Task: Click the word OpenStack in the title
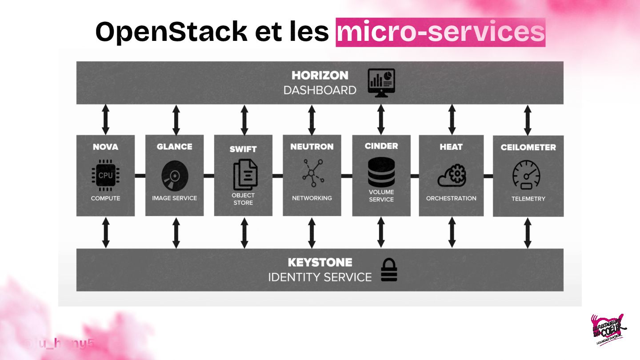(x=171, y=32)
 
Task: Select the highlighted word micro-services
(x=440, y=32)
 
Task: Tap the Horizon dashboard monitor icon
(x=381, y=83)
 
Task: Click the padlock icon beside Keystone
(x=389, y=270)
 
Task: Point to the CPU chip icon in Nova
(x=105, y=175)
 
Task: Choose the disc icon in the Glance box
(x=175, y=176)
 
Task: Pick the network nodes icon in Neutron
(x=312, y=175)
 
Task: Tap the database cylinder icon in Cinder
(x=381, y=174)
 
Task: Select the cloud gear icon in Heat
(x=452, y=176)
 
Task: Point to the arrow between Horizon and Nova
(x=105, y=120)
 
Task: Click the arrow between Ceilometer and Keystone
(x=528, y=232)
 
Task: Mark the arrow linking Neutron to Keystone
(x=312, y=232)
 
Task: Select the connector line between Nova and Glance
(x=140, y=176)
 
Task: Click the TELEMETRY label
(x=528, y=199)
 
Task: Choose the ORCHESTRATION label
(x=451, y=198)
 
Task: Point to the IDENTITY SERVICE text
(x=320, y=277)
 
